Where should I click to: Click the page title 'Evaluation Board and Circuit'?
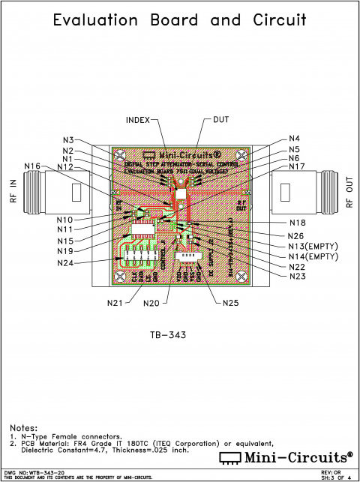click(x=180, y=20)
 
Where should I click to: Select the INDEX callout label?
click(x=137, y=120)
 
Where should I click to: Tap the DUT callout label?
click(x=222, y=120)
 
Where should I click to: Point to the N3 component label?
click(x=68, y=140)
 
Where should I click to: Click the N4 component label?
click(x=294, y=139)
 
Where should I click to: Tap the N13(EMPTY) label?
click(x=315, y=247)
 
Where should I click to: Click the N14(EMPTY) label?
click(x=315, y=257)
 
